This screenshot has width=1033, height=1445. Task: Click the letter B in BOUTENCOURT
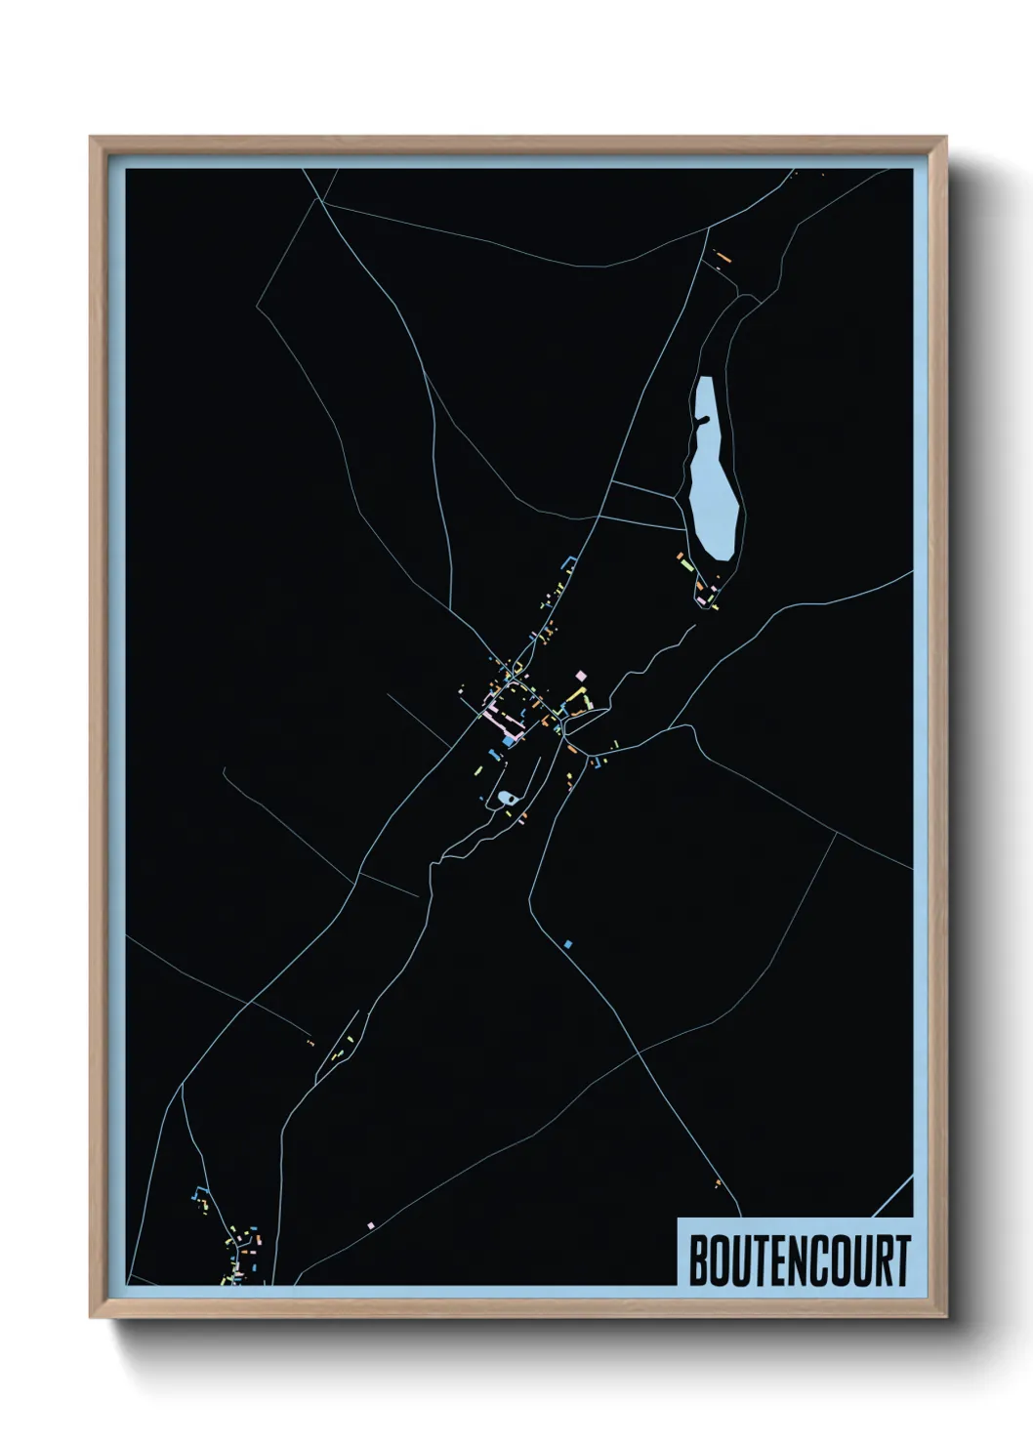point(698,1260)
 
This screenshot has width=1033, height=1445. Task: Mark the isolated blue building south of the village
point(567,944)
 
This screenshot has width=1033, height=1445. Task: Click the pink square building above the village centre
point(582,675)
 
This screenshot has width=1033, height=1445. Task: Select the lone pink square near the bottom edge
point(370,1223)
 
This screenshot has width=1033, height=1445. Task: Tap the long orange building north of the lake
point(723,258)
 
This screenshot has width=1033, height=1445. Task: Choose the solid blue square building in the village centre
point(508,742)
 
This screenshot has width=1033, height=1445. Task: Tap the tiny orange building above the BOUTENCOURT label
point(718,1183)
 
